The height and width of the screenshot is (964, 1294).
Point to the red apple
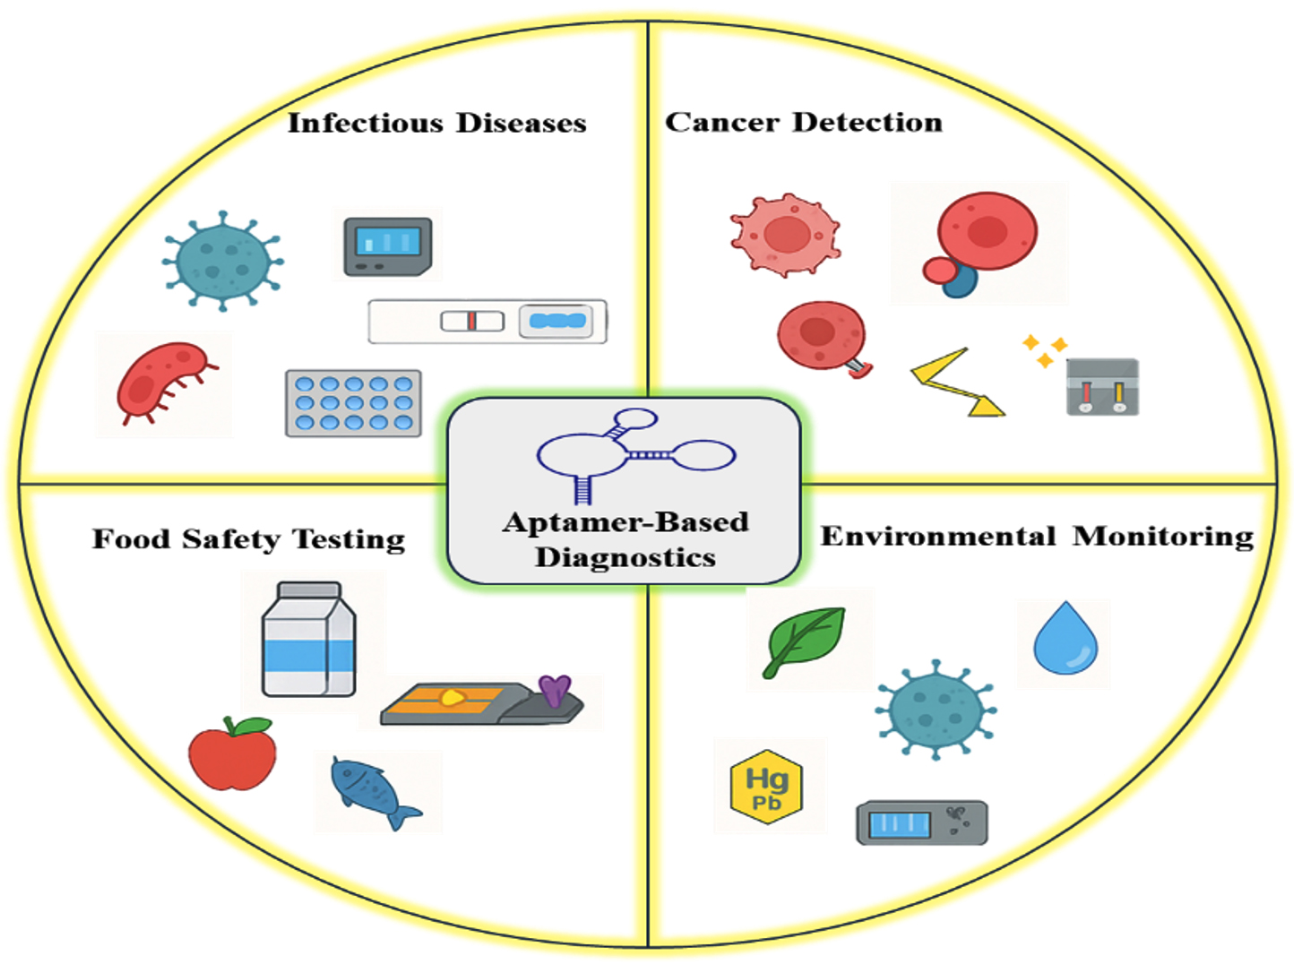(232, 757)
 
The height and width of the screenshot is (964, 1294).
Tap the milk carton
(308, 640)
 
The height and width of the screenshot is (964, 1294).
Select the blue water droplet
(1065, 640)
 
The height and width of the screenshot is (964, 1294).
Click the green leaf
(804, 640)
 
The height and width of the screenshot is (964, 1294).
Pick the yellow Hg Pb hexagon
(767, 787)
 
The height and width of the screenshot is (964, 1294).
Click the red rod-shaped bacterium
(163, 383)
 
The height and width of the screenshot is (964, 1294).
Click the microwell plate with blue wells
(353, 403)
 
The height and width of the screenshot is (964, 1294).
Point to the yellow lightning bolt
(953, 383)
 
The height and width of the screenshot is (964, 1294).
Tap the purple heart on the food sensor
(555, 689)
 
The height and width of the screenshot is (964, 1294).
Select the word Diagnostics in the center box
(625, 557)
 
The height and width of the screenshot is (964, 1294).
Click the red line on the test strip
(471, 321)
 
